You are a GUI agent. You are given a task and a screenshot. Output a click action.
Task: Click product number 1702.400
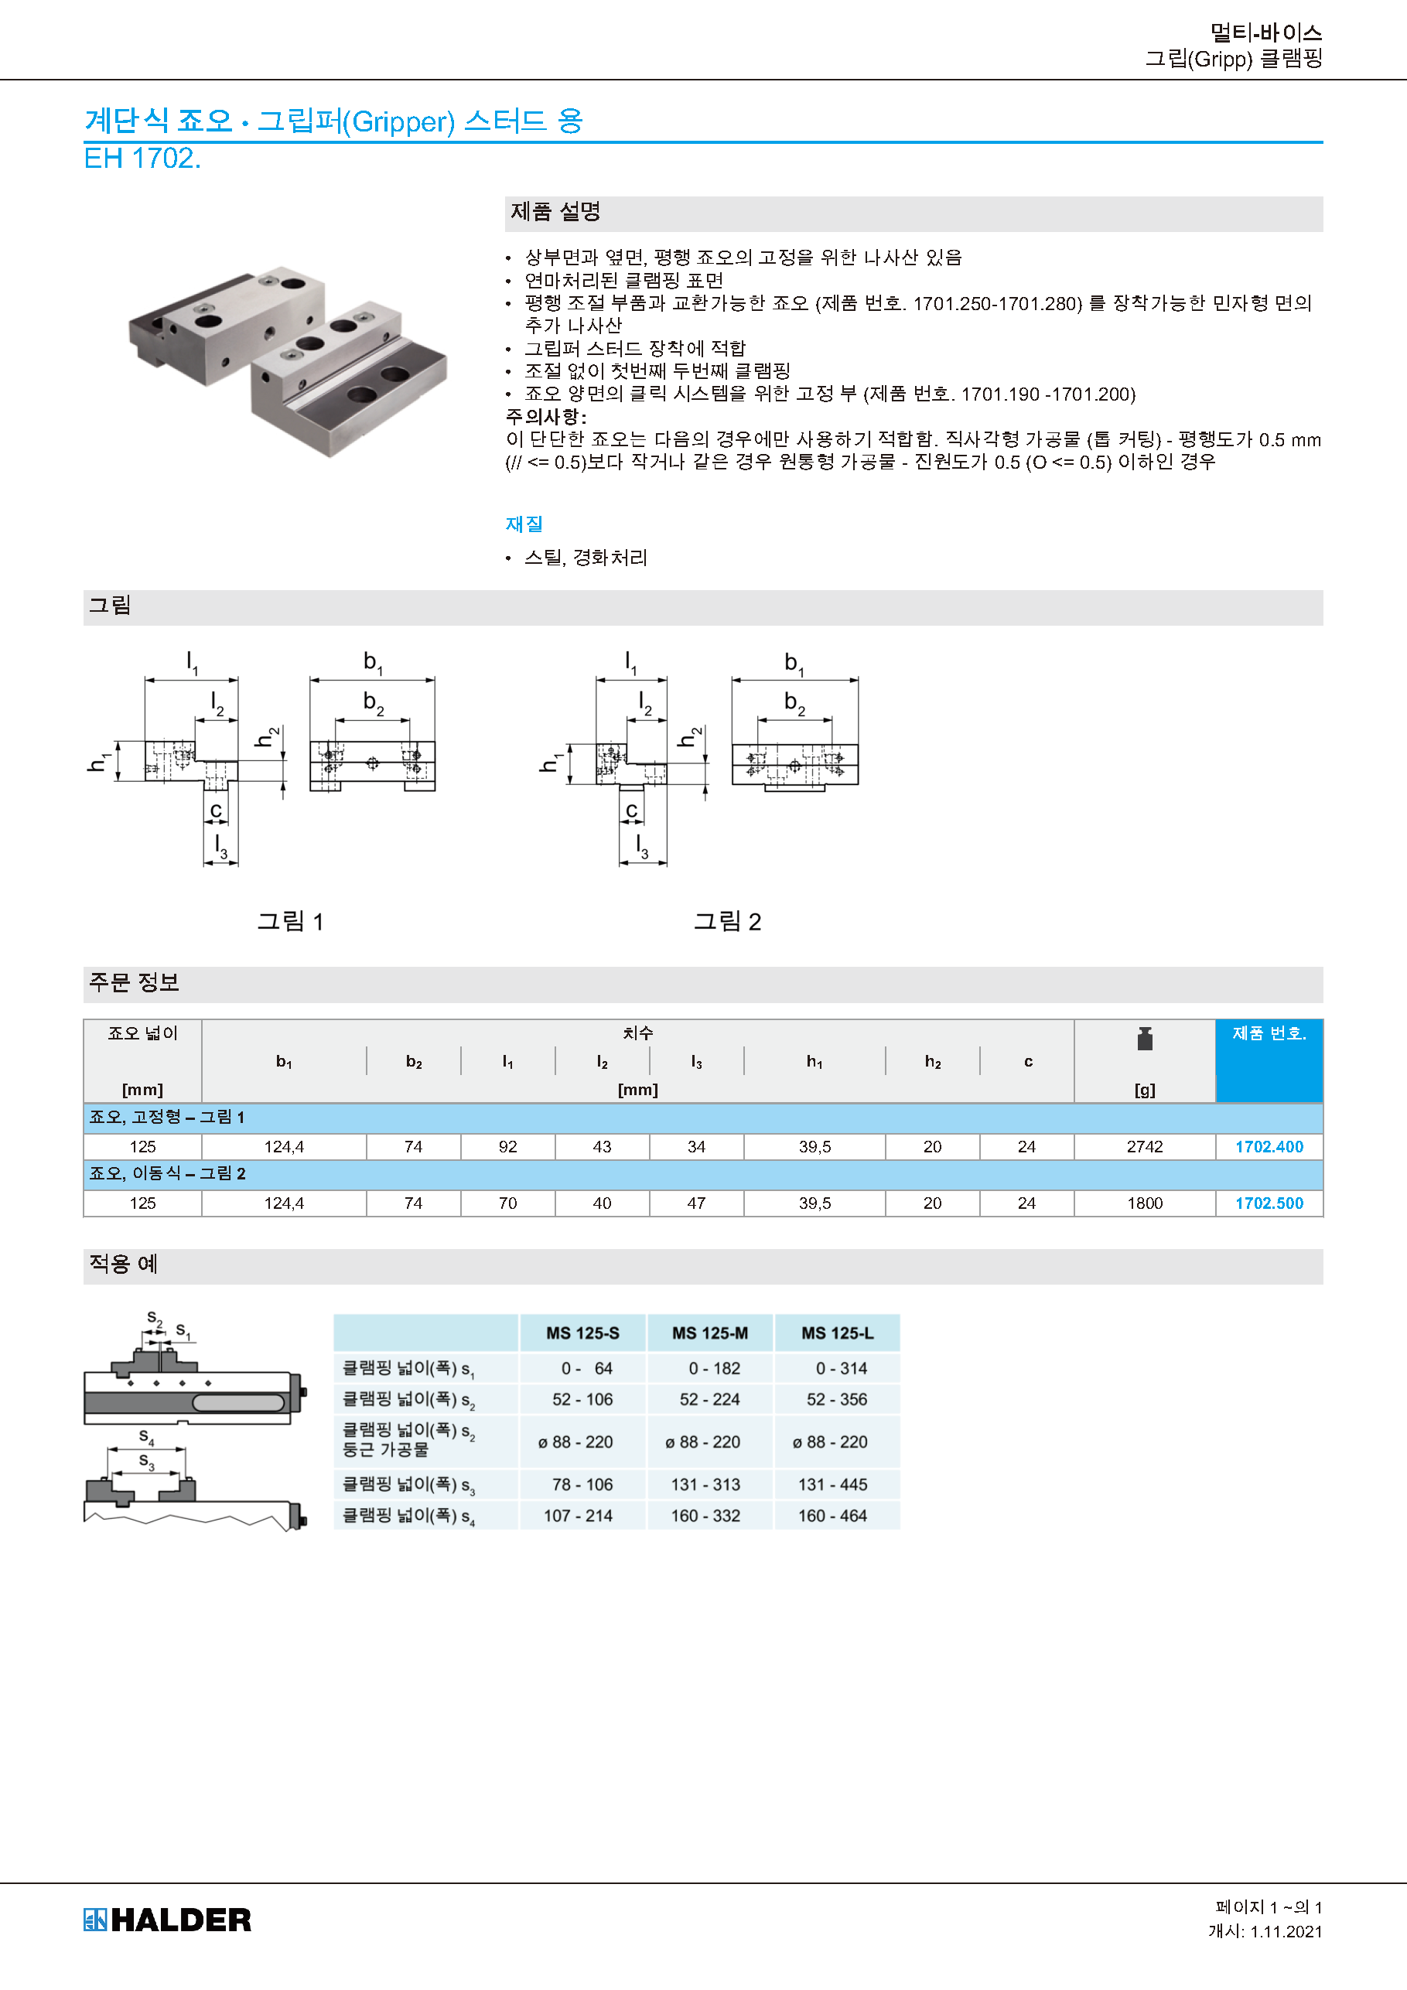click(x=1269, y=1147)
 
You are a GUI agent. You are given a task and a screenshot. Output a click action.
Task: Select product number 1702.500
click(x=1269, y=1203)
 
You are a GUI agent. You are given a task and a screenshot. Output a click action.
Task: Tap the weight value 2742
click(x=1143, y=1147)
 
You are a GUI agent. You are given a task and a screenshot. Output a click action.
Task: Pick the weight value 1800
click(x=1143, y=1203)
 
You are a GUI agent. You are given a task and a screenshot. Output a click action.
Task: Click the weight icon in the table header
click(x=1144, y=1039)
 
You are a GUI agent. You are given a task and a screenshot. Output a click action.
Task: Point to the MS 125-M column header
click(x=709, y=1333)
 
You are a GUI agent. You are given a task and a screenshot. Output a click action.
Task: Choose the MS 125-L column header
click(x=837, y=1333)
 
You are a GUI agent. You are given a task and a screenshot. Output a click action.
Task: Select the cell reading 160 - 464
click(x=832, y=1516)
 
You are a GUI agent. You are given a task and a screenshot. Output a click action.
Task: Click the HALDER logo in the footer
click(x=167, y=1920)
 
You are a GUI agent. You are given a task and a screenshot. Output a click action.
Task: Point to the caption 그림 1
click(x=289, y=921)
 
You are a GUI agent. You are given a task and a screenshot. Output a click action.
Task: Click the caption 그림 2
click(x=726, y=921)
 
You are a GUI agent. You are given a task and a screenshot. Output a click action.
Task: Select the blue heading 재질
click(x=524, y=524)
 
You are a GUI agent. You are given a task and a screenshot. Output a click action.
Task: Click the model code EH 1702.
click(x=142, y=159)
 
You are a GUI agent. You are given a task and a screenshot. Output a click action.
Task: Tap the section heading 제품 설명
click(x=555, y=211)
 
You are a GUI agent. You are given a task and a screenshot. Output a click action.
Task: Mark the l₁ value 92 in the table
click(x=507, y=1147)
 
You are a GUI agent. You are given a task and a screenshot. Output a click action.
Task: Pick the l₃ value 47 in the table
click(x=695, y=1203)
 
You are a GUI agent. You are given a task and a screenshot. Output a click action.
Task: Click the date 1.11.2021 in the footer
click(x=1286, y=1931)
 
